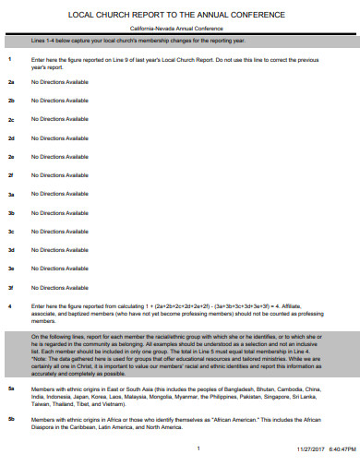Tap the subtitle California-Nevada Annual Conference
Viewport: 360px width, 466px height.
(x=181, y=30)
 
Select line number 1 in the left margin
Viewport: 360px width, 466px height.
(x=9, y=59)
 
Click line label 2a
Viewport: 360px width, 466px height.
(x=11, y=82)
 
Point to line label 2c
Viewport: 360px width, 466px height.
(x=11, y=120)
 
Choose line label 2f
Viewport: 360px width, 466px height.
(x=10, y=175)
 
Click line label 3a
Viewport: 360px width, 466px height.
(x=11, y=195)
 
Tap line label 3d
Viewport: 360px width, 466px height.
(x=11, y=250)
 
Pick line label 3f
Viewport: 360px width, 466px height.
(x=10, y=287)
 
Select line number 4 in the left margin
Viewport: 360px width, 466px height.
(x=9, y=305)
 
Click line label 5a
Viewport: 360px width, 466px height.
(x=11, y=389)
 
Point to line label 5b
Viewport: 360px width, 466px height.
(x=11, y=420)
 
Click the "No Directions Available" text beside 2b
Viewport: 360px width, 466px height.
(x=60, y=101)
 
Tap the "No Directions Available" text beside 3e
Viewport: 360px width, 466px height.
(x=60, y=269)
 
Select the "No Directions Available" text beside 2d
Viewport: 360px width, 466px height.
(x=60, y=138)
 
